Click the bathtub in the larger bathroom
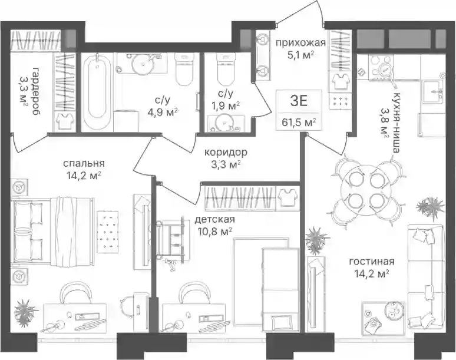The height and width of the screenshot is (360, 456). point(97,91)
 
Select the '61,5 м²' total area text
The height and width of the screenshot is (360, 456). point(299,123)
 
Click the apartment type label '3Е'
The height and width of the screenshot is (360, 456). point(299,101)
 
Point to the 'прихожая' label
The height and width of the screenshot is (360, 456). point(300,44)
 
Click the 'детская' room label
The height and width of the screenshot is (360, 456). point(214,220)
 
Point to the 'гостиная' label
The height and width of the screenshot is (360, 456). point(372,262)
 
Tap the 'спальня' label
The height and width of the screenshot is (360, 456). point(84,164)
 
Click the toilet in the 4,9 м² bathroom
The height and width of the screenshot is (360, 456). point(184,70)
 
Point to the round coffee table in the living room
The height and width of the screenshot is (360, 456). point(394,311)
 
